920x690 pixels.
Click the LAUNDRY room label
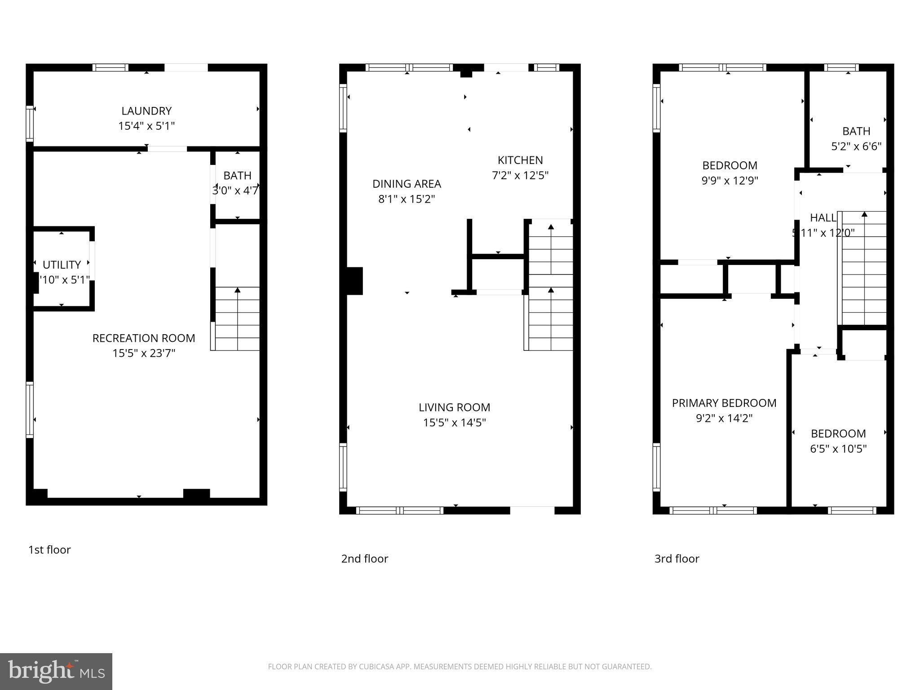146,111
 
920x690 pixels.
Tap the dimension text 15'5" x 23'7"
144,354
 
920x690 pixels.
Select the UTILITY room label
62,265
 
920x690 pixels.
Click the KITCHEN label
520,160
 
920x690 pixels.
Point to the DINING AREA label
407,184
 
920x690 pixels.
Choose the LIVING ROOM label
454,407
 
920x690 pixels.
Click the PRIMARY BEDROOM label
724,403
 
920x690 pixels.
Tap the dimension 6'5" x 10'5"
838,449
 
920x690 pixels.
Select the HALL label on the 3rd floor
823,218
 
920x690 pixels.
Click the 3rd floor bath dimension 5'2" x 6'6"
856,146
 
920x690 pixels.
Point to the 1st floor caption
49,550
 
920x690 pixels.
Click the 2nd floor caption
364,559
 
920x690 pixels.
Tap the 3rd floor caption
677,559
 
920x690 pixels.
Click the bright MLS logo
56,671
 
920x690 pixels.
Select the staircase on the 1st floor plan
237,319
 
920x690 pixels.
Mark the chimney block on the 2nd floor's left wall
354,281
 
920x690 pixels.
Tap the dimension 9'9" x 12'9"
730,181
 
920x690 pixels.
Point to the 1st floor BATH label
237,176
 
